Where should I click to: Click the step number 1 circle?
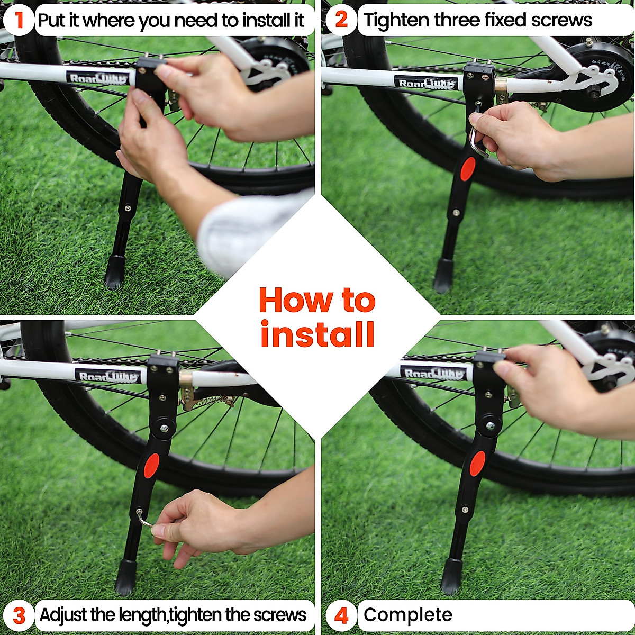[x=19, y=20]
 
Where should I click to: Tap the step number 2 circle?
[x=342, y=20]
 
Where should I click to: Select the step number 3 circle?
[x=19, y=615]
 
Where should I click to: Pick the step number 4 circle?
[x=342, y=615]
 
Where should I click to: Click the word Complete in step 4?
[x=407, y=615]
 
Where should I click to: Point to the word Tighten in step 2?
[x=396, y=20]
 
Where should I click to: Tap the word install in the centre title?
[x=317, y=334]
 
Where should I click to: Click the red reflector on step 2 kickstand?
[x=467, y=169]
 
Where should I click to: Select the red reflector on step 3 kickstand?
[x=151, y=465]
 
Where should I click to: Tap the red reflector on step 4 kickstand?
[x=477, y=464]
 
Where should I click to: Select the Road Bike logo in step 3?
[x=109, y=376]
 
